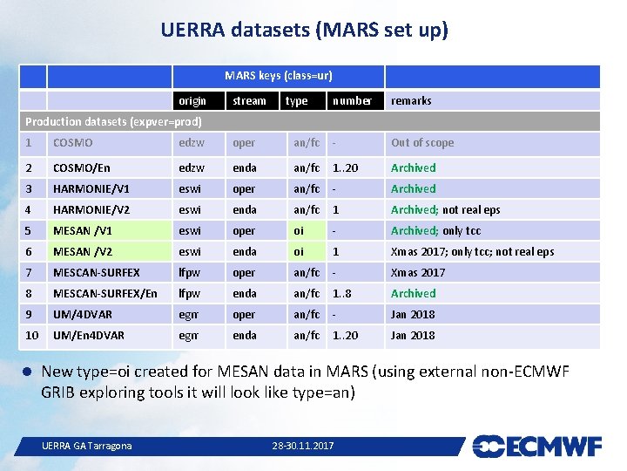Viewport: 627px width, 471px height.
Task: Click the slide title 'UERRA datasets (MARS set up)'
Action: coord(304,31)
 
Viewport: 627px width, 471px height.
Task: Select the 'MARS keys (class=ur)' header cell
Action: coord(278,76)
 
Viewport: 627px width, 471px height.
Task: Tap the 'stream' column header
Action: coord(249,101)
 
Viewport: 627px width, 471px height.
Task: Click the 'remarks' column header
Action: coord(411,101)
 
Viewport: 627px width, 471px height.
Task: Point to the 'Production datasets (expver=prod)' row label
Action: coord(113,122)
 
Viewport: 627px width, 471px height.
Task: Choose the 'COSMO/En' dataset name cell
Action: coord(81,167)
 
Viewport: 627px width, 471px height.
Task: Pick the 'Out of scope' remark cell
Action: coord(422,143)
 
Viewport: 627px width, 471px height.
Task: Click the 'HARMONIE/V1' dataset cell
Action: coord(91,188)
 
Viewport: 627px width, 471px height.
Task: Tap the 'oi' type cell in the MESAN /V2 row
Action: coord(299,252)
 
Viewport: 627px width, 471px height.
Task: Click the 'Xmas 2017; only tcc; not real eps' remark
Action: coord(472,252)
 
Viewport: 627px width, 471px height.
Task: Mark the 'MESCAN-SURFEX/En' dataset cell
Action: coord(104,294)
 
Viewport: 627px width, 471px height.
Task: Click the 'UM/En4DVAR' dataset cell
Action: coord(88,336)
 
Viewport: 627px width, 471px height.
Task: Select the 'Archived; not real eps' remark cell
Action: coord(445,210)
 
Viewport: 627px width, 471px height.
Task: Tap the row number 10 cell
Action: coord(32,336)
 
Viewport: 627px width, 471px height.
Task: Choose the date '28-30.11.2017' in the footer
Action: coord(302,447)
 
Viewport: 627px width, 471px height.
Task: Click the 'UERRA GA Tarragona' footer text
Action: coord(87,447)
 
